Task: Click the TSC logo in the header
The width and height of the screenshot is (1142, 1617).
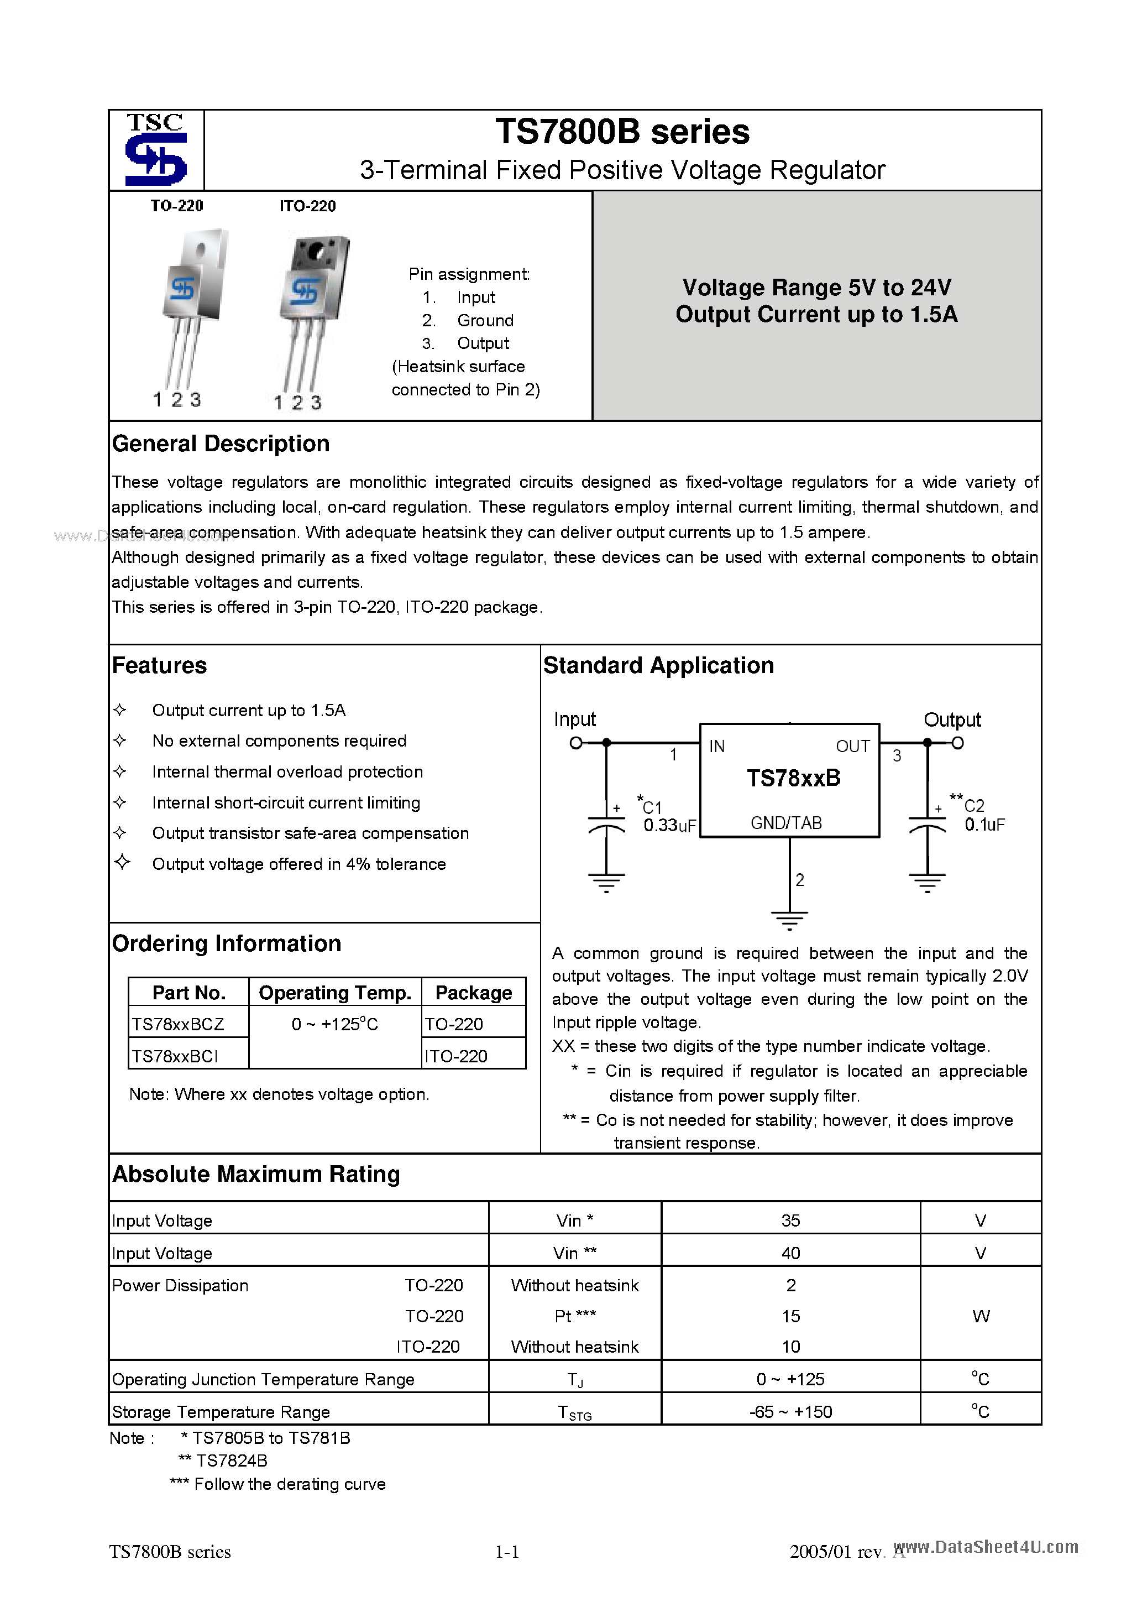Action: pyautogui.click(x=155, y=150)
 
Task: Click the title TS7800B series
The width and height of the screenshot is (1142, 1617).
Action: pyautogui.click(x=622, y=132)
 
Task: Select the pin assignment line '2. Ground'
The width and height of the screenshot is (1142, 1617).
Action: pyautogui.click(x=468, y=320)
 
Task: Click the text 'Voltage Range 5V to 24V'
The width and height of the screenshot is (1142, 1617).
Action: pyautogui.click(x=817, y=288)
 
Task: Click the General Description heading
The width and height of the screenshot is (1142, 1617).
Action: pyautogui.click(x=221, y=444)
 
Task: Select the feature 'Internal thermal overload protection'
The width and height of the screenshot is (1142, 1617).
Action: pyautogui.click(x=287, y=772)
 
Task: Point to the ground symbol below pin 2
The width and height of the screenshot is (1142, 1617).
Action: pyautogui.click(x=789, y=920)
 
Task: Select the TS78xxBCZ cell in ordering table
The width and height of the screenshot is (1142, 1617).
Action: pyautogui.click(x=178, y=1024)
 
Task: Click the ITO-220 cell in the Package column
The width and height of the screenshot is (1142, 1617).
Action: pyautogui.click(x=456, y=1056)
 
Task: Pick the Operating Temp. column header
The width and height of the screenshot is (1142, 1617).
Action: pyautogui.click(x=334, y=993)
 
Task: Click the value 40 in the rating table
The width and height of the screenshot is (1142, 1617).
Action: pyautogui.click(x=790, y=1253)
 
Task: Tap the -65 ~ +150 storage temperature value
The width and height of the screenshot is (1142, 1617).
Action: pyautogui.click(x=790, y=1412)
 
